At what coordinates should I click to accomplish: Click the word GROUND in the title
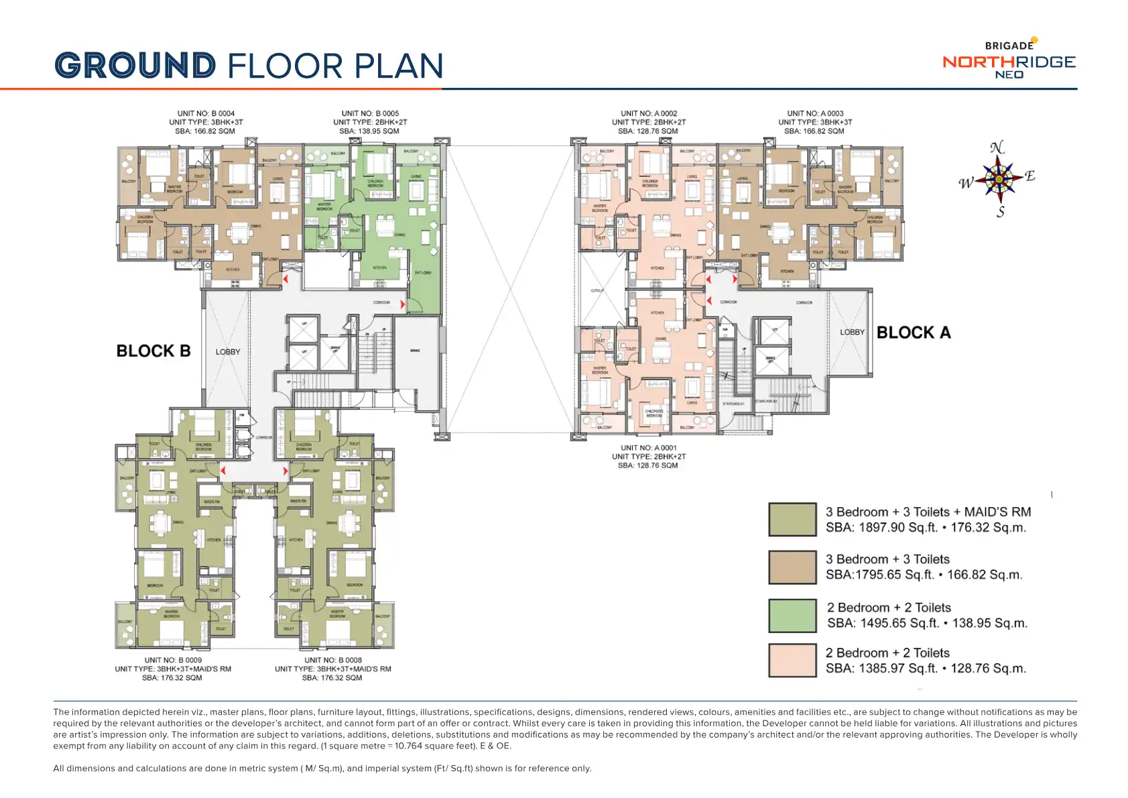pos(135,66)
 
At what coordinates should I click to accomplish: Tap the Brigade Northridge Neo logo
pos(1009,60)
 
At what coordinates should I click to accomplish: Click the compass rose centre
pos(999,178)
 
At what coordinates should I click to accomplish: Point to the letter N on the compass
pos(997,148)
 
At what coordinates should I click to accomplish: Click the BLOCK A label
pos(914,333)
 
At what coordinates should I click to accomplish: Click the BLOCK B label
pos(153,351)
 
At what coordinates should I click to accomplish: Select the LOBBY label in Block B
pos(228,351)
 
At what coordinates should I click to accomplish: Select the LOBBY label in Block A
pos(852,332)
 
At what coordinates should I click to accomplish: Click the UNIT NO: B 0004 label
pos(206,113)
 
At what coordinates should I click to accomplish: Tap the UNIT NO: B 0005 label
pos(370,113)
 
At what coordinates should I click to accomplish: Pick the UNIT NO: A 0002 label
pos(649,113)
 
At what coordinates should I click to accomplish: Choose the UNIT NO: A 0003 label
pos(815,113)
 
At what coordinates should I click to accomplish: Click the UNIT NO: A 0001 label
pos(649,447)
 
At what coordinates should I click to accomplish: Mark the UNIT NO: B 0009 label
pos(173,660)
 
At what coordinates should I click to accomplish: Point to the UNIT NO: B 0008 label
pos(333,660)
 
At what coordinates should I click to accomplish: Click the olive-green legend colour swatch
pos(792,520)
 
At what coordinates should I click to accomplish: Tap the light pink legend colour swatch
pos(792,660)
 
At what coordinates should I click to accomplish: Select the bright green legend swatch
pos(792,616)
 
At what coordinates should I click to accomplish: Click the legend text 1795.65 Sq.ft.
pos(883,575)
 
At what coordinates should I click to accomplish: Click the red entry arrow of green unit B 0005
pos(402,304)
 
